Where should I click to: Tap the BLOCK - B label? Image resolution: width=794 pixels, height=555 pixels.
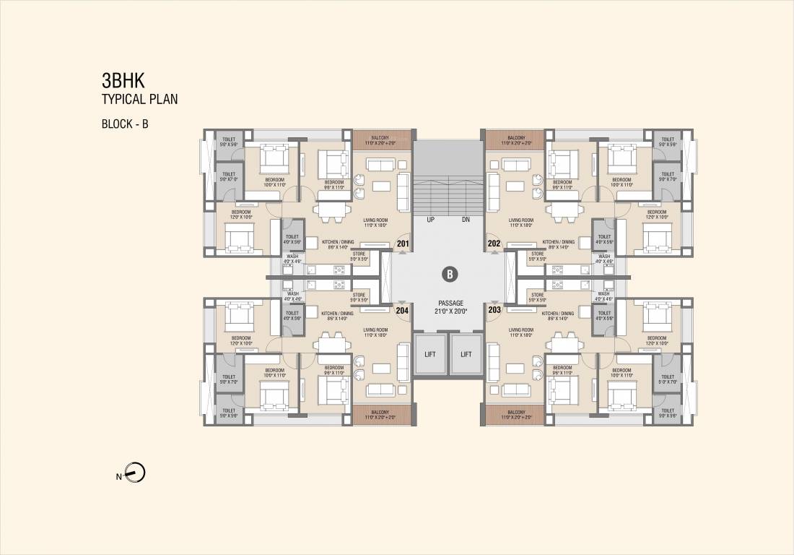[x=125, y=124]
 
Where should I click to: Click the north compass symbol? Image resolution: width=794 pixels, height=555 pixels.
[x=136, y=474]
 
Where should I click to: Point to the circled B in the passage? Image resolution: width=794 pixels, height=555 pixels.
[x=449, y=275]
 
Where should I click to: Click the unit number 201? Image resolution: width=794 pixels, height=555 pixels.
[x=403, y=244]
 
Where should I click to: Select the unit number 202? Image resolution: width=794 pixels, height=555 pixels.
[x=494, y=244]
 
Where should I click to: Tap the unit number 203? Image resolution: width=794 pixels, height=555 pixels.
[x=494, y=310]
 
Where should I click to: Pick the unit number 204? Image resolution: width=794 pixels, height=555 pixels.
[x=403, y=310]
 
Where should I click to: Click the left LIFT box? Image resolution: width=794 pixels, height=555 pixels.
[x=430, y=354]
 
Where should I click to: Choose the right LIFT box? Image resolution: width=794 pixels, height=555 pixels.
[x=466, y=354]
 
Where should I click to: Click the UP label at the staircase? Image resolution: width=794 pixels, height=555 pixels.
[x=429, y=218]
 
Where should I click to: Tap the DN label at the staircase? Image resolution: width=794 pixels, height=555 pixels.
[x=467, y=218]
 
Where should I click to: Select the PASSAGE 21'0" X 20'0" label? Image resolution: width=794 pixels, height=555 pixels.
[x=449, y=307]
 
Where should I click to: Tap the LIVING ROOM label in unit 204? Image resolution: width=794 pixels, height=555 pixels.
[x=376, y=332]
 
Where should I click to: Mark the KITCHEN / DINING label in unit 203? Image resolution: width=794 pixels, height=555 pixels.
[x=559, y=313]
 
